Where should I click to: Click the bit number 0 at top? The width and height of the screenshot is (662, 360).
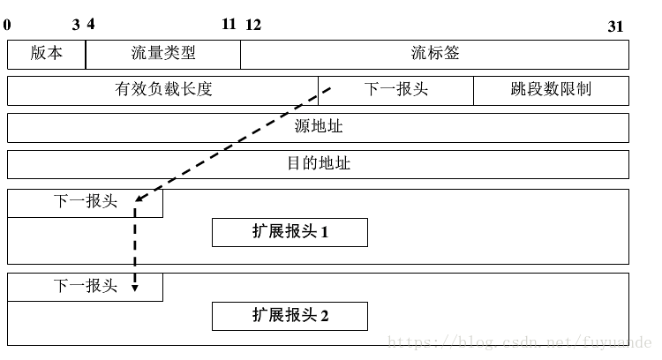coord(7,25)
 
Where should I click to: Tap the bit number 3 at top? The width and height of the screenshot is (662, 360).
coord(76,25)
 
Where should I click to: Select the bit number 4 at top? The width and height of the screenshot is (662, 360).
coord(91,25)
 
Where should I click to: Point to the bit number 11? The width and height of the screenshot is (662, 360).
coord(229,24)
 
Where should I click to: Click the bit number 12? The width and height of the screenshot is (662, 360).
coord(253,25)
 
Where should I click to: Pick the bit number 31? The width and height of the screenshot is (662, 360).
coord(615,26)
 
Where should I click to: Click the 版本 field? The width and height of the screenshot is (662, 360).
coord(47,53)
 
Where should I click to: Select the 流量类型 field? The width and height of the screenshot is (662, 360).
coord(162,53)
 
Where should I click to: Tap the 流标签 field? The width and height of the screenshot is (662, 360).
coord(434,53)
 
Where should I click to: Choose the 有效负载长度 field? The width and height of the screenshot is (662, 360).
coord(163,90)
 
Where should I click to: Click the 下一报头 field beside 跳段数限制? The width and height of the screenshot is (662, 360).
coord(395,90)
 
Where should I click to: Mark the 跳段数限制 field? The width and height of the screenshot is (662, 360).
coord(551,90)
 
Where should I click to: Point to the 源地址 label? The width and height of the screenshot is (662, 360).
coord(318,127)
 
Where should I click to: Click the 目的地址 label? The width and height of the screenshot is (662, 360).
coord(318,164)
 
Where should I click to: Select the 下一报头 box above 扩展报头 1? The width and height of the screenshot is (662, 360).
coord(85,202)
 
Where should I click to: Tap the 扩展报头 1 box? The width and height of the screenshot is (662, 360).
coord(290,232)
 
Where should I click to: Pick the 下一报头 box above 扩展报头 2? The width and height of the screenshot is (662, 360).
coord(85,286)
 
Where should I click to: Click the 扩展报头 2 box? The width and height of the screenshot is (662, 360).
coord(290,315)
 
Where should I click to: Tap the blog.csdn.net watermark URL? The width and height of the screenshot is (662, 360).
coord(521,340)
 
